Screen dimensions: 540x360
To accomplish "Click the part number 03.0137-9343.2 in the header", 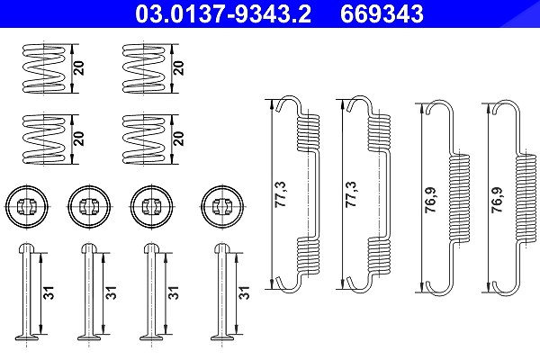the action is (x=223, y=13).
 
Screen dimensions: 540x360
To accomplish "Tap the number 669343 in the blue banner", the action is (x=382, y=13).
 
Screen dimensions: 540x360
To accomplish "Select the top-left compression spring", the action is (x=44, y=68).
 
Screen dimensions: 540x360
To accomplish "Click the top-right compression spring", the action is (x=144, y=68).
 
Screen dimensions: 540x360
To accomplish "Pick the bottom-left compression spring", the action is (x=44, y=139).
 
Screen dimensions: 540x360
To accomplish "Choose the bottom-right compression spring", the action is (x=144, y=139).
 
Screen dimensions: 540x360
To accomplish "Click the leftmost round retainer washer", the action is (x=27, y=207).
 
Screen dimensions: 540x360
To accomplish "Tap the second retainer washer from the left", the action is (x=89, y=207).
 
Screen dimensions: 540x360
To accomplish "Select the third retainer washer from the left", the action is (x=151, y=207).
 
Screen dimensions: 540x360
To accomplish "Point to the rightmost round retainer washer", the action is (x=222, y=207).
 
